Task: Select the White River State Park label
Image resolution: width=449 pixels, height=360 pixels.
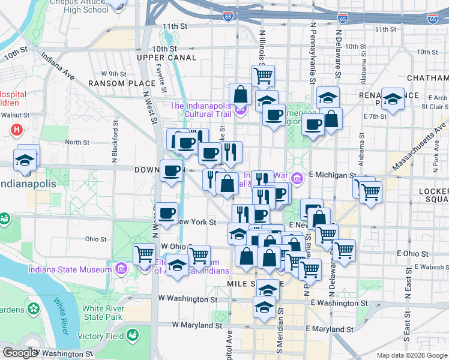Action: [x=103, y=312]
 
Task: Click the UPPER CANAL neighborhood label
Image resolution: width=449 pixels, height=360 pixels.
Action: [x=166, y=58]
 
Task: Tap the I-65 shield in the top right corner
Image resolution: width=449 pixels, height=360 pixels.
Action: [x=433, y=19]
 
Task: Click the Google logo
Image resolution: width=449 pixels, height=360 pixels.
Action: [x=20, y=353]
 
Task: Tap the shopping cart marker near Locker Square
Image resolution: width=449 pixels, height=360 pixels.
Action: [x=370, y=193]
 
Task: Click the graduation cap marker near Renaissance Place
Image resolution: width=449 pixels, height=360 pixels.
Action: [x=393, y=100]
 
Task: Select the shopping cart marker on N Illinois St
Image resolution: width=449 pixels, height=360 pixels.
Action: [x=263, y=76]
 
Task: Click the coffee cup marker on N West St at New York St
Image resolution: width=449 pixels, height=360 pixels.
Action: [x=166, y=212]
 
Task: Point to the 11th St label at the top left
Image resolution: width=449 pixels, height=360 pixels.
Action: [x=175, y=26]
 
